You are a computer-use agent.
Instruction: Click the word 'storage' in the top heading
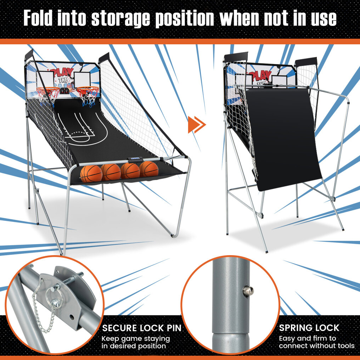pyautogui.click(x=120, y=18)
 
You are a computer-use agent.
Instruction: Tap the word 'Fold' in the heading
pyautogui.click(x=38, y=18)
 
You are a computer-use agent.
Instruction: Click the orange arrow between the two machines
pyautogui.click(x=197, y=125)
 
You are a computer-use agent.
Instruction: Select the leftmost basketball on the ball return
pyautogui.click(x=91, y=174)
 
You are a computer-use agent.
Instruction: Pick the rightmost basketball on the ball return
pyautogui.click(x=149, y=169)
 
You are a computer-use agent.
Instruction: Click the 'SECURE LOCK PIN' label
pyautogui.click(x=142, y=328)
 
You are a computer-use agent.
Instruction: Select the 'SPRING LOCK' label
pyautogui.click(x=309, y=328)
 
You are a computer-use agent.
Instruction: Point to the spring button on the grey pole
pyautogui.click(x=248, y=291)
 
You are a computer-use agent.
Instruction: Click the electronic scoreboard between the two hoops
pyautogui.click(x=65, y=91)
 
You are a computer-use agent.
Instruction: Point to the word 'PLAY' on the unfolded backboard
pyautogui.click(x=62, y=73)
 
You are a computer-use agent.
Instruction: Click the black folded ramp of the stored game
pyautogui.click(x=284, y=139)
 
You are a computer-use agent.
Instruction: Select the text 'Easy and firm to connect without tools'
pyautogui.click(x=317, y=342)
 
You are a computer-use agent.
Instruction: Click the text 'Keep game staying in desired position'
pyautogui.click(x=136, y=342)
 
